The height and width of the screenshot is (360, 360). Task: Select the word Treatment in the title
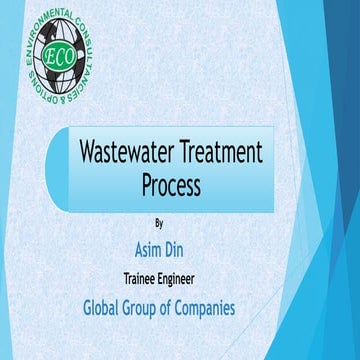(x=223, y=153)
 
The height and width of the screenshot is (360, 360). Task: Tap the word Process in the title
(x=170, y=185)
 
